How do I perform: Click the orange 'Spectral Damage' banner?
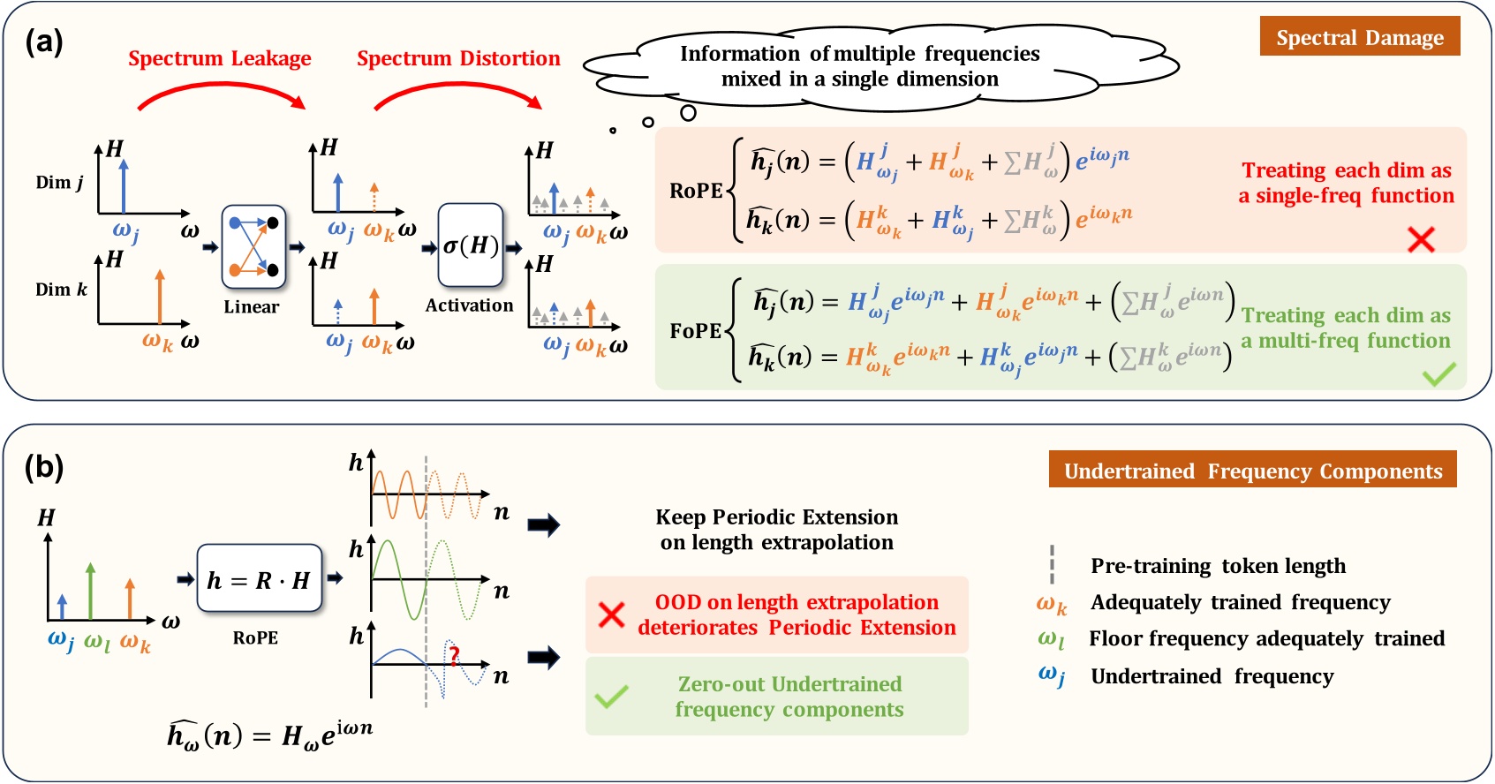click(x=1359, y=37)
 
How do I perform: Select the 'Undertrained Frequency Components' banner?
click(x=1252, y=471)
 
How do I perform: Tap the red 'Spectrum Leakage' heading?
click(x=219, y=58)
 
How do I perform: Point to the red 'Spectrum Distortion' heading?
click(x=458, y=58)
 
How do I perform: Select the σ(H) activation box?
click(x=470, y=245)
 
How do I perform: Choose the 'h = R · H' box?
click(x=259, y=580)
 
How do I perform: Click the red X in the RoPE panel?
click(x=1421, y=238)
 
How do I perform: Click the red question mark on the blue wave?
click(x=454, y=656)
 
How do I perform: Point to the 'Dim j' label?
click(x=59, y=183)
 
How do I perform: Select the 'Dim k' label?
click(x=61, y=290)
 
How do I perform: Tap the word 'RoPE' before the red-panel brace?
click(x=696, y=191)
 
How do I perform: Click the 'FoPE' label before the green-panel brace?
click(x=696, y=331)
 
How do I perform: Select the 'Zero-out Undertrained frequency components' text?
click(x=789, y=697)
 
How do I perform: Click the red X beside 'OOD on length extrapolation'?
click(x=611, y=614)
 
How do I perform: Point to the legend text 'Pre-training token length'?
click(x=1218, y=566)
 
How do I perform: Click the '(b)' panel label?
click(x=44, y=467)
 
